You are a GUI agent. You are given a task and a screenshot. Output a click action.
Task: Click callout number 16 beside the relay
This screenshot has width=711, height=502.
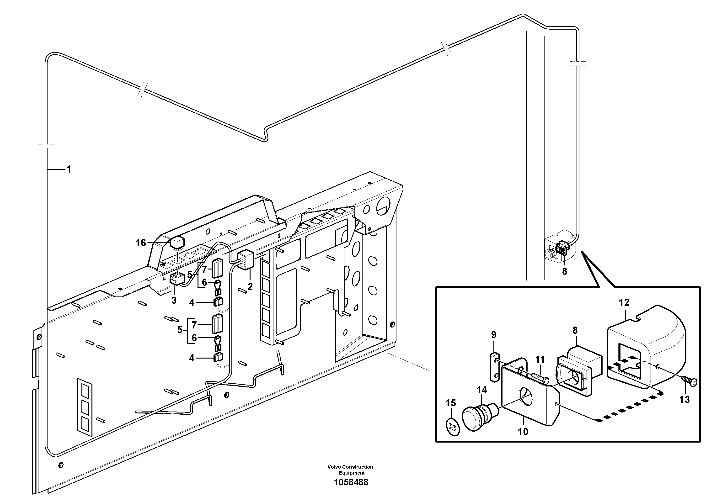point(141,243)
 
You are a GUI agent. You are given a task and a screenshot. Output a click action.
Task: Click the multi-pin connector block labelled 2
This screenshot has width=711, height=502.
point(246,260)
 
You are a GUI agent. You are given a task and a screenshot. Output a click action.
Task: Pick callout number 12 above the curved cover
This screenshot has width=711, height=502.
point(624,302)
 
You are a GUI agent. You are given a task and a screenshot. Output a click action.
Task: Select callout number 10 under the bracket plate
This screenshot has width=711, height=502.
point(523,431)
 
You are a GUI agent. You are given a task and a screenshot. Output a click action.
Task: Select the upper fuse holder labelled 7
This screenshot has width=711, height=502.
point(216,268)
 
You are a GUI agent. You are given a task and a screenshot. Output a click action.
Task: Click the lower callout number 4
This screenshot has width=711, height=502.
point(192,358)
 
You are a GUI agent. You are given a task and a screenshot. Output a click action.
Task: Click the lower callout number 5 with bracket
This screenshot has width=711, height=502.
point(180,330)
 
